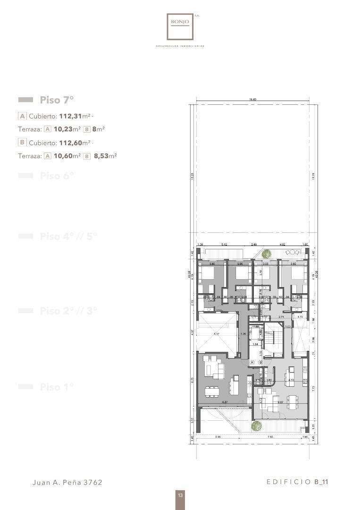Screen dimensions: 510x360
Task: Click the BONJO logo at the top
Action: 180,26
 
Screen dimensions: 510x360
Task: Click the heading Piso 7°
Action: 57,100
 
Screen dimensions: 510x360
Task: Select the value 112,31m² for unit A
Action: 75,116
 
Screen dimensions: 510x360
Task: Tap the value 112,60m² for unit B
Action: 75,143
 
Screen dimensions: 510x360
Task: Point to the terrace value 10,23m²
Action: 67,129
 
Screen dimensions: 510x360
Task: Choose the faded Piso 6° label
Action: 57,176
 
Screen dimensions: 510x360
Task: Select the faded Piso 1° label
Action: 57,387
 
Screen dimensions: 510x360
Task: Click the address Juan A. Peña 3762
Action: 67,482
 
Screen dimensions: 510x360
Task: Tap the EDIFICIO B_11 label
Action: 297,482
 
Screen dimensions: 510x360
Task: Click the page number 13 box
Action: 180,495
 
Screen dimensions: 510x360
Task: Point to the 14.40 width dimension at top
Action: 253,100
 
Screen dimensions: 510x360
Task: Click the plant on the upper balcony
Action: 267,253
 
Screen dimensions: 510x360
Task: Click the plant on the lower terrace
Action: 257,426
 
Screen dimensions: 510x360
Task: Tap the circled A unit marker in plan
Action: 252,362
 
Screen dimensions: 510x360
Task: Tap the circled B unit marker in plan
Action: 260,362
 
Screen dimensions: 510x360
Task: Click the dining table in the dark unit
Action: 212,391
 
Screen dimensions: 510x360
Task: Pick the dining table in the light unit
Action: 293,402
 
